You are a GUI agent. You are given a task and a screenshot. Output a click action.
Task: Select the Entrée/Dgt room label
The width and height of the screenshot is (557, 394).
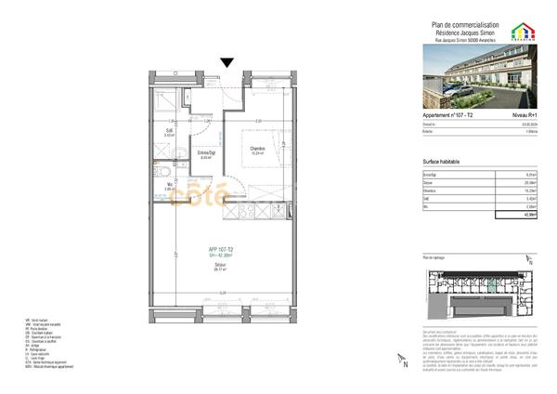(207, 152)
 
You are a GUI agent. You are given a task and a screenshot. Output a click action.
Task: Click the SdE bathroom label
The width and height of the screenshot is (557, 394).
(169, 132)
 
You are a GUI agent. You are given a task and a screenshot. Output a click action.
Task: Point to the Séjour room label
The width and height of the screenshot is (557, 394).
(220, 264)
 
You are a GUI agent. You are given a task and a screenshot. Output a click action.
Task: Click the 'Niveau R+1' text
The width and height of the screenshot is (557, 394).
(525, 114)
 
